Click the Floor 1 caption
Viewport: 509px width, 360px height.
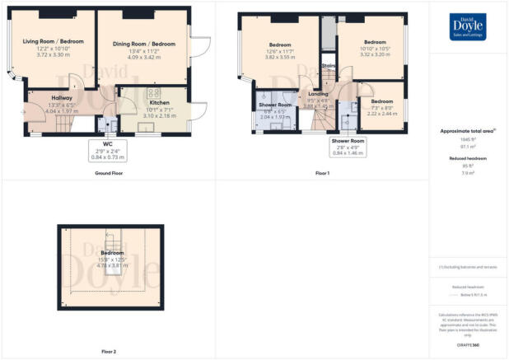(323, 175)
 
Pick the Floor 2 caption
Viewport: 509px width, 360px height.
(108, 352)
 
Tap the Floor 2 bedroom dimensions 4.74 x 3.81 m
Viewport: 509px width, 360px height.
(112, 268)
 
